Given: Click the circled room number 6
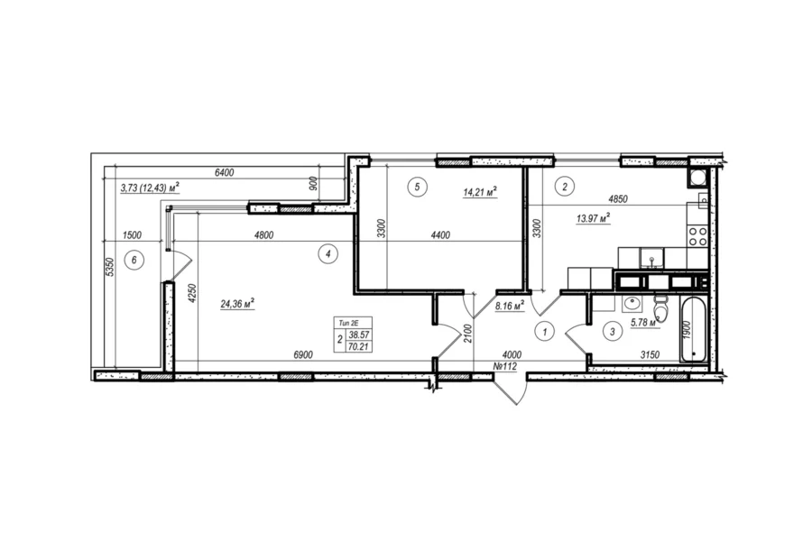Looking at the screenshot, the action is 134,260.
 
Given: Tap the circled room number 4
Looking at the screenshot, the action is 328,253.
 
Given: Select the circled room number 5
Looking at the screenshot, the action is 418,187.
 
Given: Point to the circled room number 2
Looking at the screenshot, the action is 565,187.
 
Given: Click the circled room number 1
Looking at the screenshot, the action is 544,331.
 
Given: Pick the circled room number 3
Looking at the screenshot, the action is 613,332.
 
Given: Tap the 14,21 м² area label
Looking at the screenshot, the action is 480,193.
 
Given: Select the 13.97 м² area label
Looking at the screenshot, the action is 593,218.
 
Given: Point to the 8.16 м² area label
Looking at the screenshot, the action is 510,306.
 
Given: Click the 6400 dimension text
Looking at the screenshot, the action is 225,173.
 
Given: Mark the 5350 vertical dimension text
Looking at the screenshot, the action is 109,267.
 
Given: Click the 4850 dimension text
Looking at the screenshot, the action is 618,199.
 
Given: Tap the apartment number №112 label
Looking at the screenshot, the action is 505,367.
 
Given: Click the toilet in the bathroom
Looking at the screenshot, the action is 660,309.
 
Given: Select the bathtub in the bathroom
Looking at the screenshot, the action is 693,330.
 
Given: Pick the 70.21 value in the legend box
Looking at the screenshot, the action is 358,347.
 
